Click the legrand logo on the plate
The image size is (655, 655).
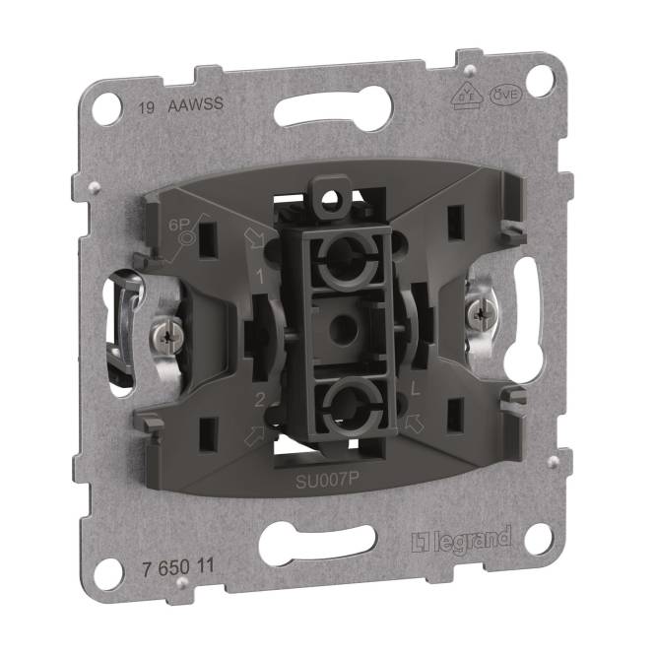pos(460,541)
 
